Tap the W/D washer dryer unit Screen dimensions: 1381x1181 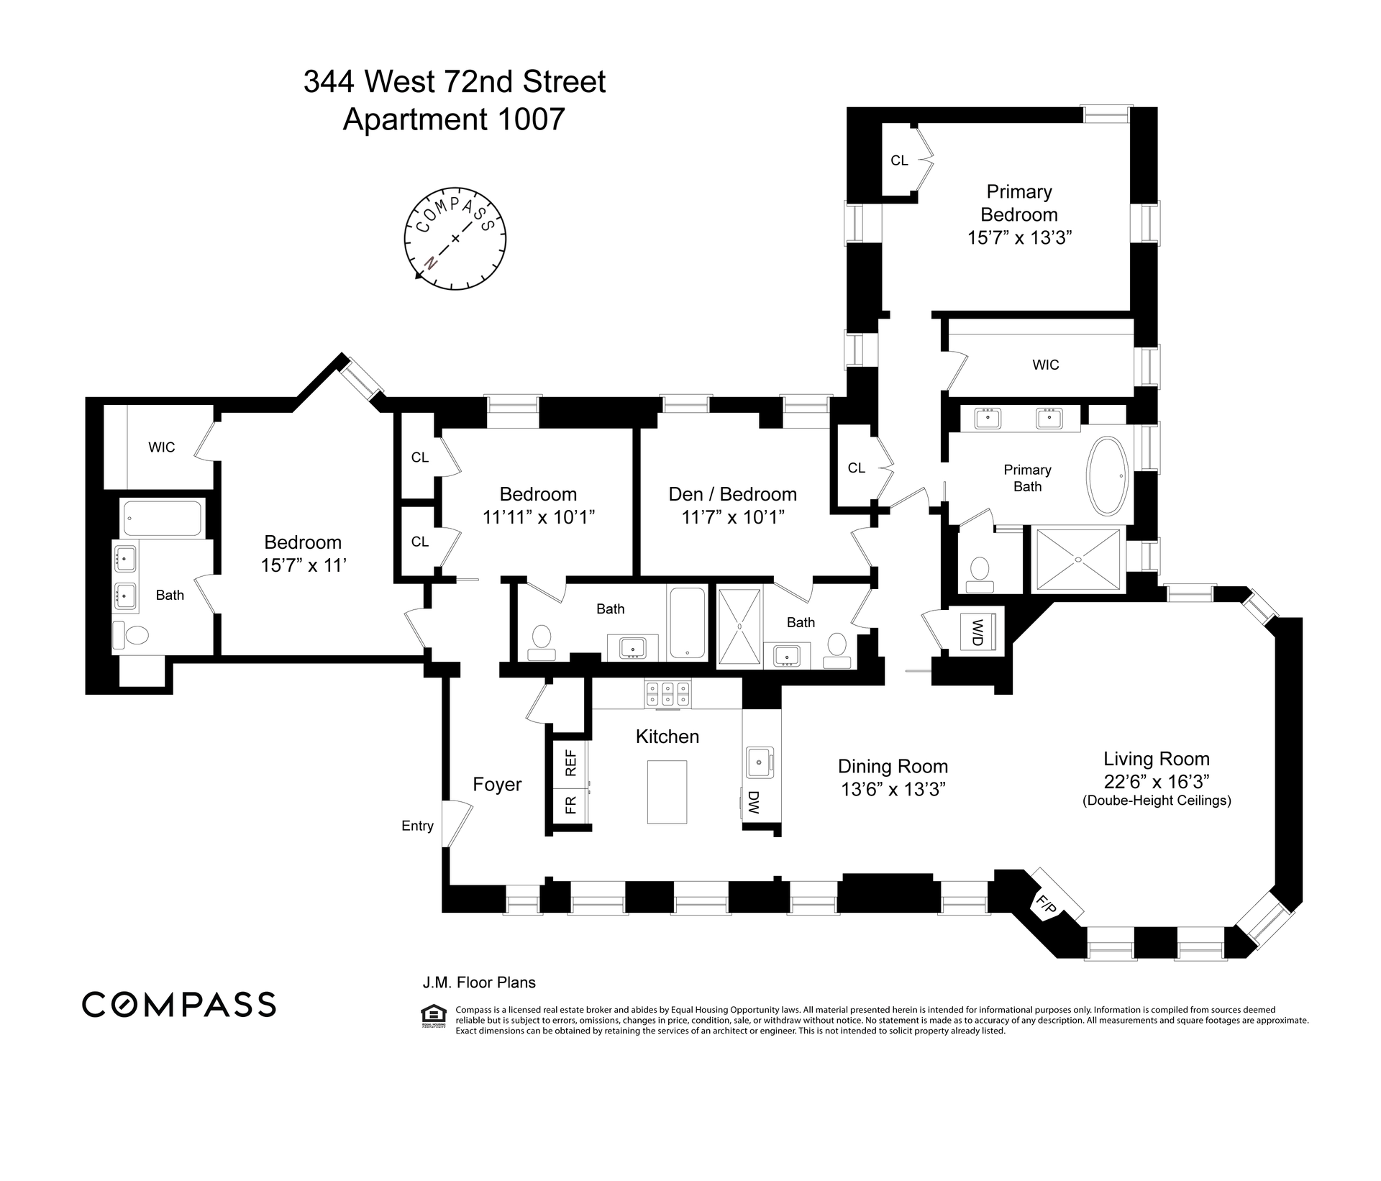pos(977,631)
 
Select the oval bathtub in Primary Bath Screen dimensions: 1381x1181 pos(1108,476)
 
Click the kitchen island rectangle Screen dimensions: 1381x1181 pos(667,792)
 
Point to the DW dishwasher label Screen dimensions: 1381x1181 pos(753,803)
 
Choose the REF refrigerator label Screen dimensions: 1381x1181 pos(571,763)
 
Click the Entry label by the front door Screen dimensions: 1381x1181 pos(417,826)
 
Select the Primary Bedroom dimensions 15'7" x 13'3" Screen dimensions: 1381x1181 pos(1019,237)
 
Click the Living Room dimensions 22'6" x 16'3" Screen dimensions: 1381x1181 pos(1157,781)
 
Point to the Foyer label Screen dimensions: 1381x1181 pos(497,784)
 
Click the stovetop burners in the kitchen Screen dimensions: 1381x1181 pos(667,693)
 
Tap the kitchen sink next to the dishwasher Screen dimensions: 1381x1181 pos(759,762)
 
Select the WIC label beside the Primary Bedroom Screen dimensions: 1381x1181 pos(1045,365)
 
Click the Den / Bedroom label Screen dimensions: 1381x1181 pos(732,494)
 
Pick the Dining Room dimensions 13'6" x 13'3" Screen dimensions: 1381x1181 pos(893,789)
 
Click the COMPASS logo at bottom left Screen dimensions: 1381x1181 pos(179,1004)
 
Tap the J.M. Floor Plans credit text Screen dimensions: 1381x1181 pos(478,982)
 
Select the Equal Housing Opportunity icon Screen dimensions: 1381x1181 pos(432,1015)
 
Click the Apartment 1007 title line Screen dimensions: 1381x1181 pos(454,119)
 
